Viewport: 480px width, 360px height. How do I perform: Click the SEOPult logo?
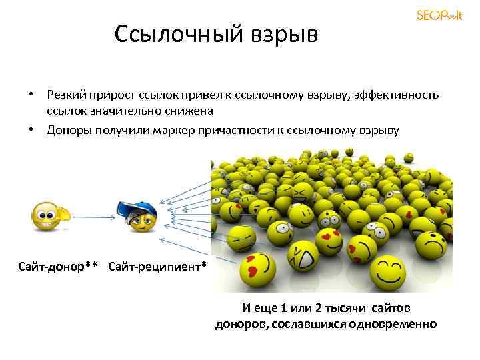coord(439,15)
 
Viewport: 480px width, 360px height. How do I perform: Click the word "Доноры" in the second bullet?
coord(67,129)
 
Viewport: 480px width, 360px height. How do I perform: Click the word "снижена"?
coord(191,111)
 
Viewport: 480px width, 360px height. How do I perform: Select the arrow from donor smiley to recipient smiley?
coord(93,216)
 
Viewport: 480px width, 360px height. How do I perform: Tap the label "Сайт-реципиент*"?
coord(157,267)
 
